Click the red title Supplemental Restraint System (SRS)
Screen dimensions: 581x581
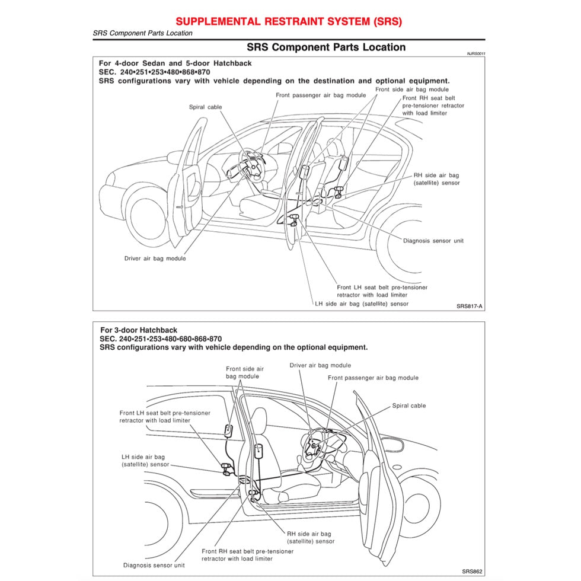(289, 21)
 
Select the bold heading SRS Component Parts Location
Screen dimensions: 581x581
(325, 47)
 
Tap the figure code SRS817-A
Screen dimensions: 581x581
(470, 307)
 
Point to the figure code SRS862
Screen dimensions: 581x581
(471, 572)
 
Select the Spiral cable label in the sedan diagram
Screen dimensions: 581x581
(206, 107)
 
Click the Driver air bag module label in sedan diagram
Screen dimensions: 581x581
(155, 258)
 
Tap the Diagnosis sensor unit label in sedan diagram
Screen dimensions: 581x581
(433, 241)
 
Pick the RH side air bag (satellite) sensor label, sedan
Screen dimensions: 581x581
(436, 179)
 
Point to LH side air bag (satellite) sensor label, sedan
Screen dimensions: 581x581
(362, 304)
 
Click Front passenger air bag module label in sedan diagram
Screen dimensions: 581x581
(321, 95)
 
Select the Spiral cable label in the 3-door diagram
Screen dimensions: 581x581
(409, 406)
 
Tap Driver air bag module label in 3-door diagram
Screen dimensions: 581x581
(320, 365)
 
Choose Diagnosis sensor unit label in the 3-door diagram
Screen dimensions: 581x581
(154, 565)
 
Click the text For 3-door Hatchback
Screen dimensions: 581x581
(139, 330)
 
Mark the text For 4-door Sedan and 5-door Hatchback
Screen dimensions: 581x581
(175, 63)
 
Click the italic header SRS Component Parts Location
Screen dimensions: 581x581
(143, 33)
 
